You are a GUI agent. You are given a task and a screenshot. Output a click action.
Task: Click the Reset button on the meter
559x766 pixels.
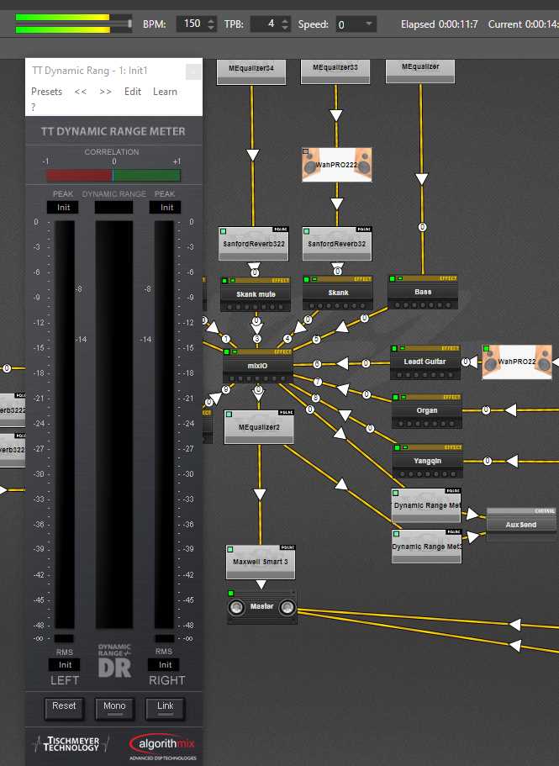[x=64, y=707]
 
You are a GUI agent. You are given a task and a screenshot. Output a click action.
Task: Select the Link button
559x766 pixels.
[x=165, y=707]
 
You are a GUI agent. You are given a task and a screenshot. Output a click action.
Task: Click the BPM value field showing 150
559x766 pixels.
[x=192, y=24]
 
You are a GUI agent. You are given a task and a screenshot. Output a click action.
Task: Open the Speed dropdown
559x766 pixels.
[x=355, y=24]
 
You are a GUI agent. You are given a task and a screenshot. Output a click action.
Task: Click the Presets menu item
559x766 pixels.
[x=46, y=92]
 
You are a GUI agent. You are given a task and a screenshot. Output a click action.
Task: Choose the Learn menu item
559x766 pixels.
[x=165, y=92]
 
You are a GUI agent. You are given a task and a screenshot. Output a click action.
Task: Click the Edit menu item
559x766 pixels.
[x=133, y=92]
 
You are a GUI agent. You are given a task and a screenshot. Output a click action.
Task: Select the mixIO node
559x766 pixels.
[x=258, y=367]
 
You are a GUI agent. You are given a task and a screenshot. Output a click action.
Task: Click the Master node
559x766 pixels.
[x=261, y=607]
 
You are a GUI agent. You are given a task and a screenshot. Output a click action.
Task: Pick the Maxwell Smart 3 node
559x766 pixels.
[x=261, y=562]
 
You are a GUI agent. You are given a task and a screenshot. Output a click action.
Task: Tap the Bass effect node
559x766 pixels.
[x=423, y=293]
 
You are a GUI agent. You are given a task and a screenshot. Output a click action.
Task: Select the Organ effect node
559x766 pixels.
[x=427, y=412]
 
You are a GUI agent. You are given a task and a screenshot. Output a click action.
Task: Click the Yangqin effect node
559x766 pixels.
[x=427, y=461]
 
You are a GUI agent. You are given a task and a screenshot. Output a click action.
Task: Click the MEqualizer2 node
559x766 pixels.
[x=259, y=427]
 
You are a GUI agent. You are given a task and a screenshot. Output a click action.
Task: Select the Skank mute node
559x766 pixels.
[x=256, y=295]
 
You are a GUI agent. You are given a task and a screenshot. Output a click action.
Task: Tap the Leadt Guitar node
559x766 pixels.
[x=425, y=362]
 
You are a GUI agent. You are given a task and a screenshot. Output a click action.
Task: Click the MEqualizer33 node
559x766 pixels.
[x=335, y=67]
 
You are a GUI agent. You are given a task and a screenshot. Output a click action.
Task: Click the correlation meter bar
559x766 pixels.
[x=113, y=175]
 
